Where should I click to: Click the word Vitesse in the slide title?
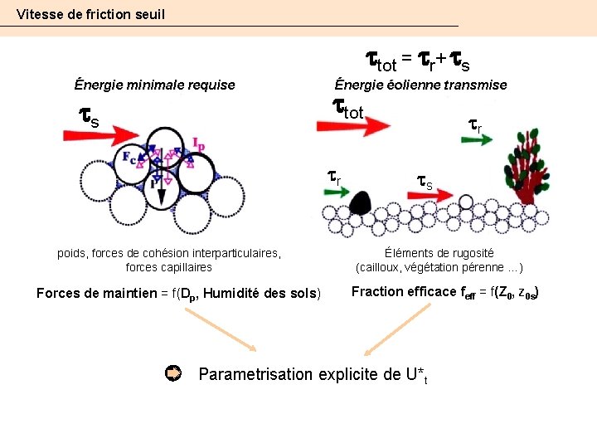coord(38,14)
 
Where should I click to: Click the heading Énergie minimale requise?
coord(154,85)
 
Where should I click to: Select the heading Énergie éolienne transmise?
coord(420,85)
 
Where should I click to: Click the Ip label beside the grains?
coord(198,144)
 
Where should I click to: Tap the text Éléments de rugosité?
coord(439,253)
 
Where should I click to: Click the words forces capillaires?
coord(168,267)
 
